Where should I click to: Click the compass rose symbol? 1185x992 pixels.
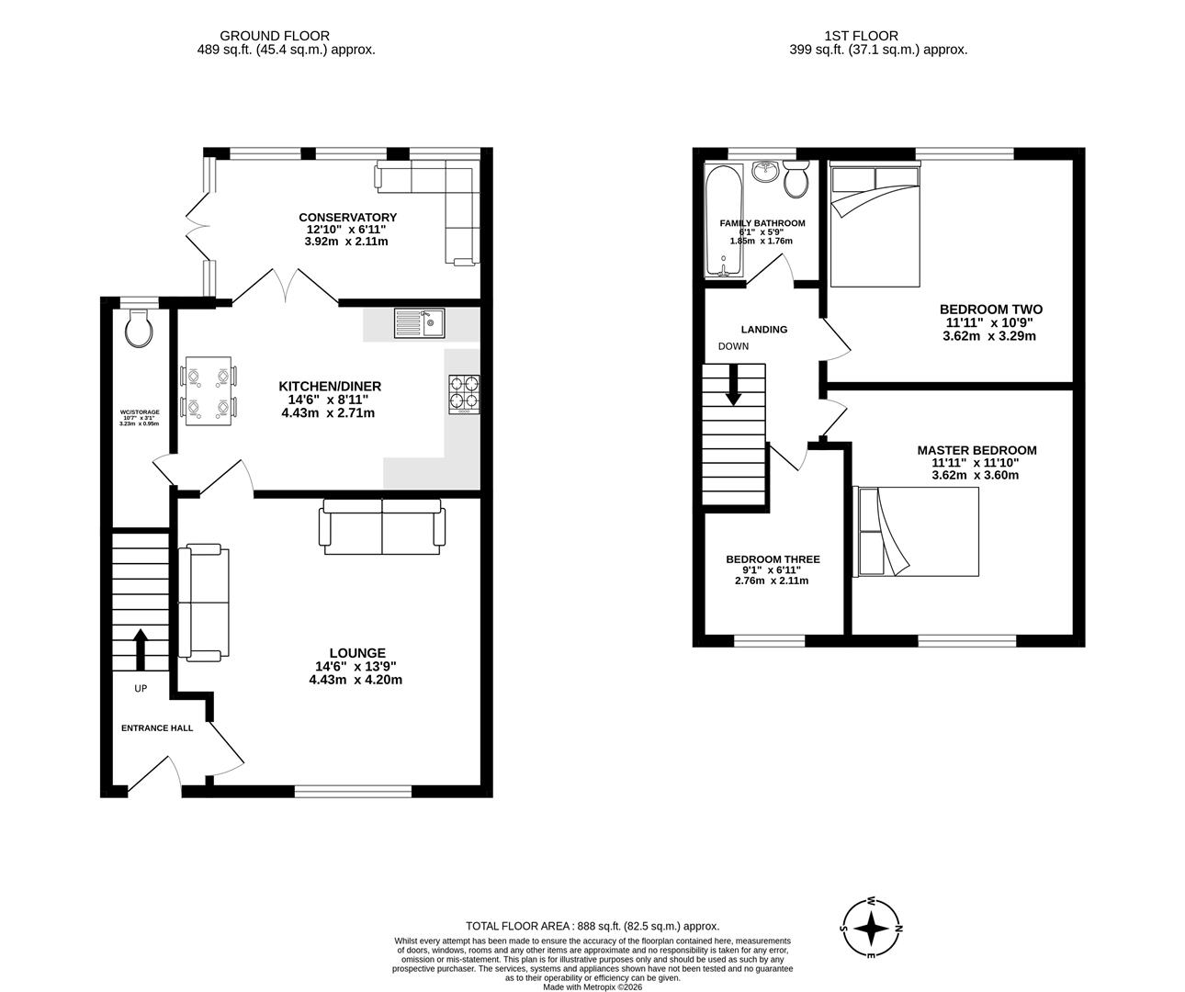(x=870, y=929)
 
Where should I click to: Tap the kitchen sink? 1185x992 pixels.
(x=420, y=322)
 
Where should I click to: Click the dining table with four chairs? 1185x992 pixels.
(x=209, y=390)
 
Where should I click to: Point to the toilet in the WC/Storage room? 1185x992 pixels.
(x=139, y=328)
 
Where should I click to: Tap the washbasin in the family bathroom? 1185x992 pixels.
(x=764, y=172)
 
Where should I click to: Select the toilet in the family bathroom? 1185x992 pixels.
(x=796, y=179)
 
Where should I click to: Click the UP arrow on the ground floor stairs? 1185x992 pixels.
(x=140, y=648)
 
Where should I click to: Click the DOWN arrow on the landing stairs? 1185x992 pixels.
(x=733, y=385)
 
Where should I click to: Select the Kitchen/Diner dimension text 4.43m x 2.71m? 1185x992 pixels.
(x=328, y=413)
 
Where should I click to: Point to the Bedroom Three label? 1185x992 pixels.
(x=773, y=559)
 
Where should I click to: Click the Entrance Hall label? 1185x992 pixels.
(x=157, y=727)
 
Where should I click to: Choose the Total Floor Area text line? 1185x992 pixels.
(x=592, y=927)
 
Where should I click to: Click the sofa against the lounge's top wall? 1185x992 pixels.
(x=381, y=527)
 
